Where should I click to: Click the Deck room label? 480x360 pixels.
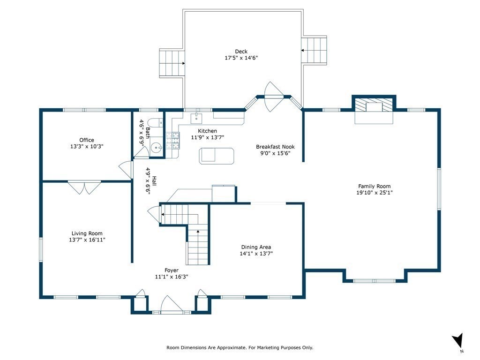tap(241, 52)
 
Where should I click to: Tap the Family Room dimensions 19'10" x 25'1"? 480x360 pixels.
tap(375, 193)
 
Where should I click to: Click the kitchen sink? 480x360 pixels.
tap(196, 117)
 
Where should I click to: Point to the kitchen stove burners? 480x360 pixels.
tap(172, 141)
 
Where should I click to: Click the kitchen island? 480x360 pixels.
tap(217, 156)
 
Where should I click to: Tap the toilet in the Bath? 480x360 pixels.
tap(157, 123)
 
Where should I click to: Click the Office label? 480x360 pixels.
tap(87, 140)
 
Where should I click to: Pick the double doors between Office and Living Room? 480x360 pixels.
tap(84, 187)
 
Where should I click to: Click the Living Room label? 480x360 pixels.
tap(87, 233)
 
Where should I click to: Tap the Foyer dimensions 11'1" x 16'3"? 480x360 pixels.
tap(172, 277)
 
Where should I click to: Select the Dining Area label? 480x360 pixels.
tap(256, 247)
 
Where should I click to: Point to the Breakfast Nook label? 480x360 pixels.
tap(275, 147)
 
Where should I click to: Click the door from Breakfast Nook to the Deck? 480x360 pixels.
tap(274, 97)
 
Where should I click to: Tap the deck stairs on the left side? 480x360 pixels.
tap(172, 63)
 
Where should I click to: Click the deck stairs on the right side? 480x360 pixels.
tap(314, 50)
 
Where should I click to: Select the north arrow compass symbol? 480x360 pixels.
tap(458, 341)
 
